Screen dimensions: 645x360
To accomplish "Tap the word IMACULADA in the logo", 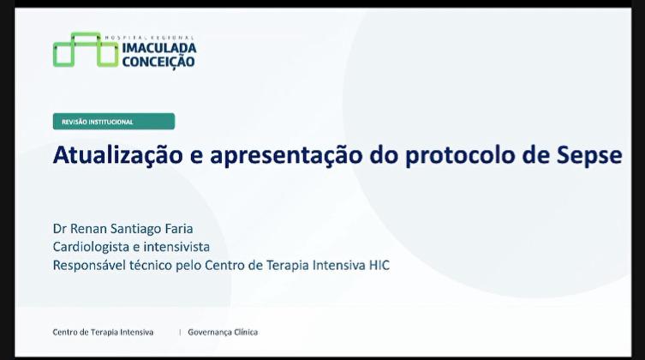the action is point(159,48).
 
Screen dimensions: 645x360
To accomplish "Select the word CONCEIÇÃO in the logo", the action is point(158,62).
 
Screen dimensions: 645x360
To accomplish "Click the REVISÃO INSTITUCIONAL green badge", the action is point(114,122).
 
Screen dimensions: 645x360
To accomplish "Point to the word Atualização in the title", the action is point(117,155).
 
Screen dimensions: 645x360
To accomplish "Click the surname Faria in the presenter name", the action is point(179,228).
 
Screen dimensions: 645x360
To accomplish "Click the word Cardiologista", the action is point(91,247).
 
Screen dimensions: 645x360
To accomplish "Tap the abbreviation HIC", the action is point(379,265).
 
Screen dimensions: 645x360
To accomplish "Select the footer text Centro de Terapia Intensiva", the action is point(103,332).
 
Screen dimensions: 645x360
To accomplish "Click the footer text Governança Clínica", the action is point(223,332).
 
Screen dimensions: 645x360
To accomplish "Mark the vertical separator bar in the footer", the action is point(180,332).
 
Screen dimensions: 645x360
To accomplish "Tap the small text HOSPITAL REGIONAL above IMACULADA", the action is point(150,38).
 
